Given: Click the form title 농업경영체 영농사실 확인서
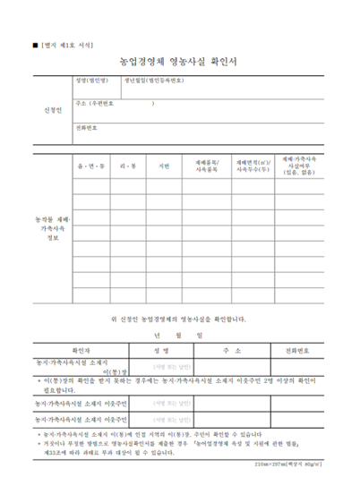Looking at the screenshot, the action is coord(179,62).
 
